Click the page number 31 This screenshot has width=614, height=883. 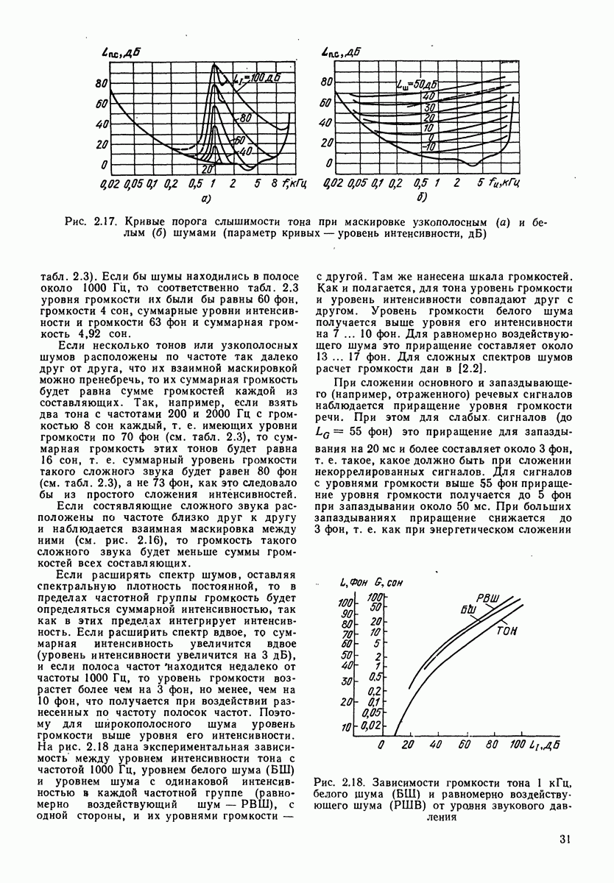(x=566, y=838)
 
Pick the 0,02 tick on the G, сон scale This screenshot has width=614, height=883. (x=374, y=726)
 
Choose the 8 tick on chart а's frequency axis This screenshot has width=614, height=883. (x=273, y=182)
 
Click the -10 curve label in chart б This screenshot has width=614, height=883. (x=429, y=147)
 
